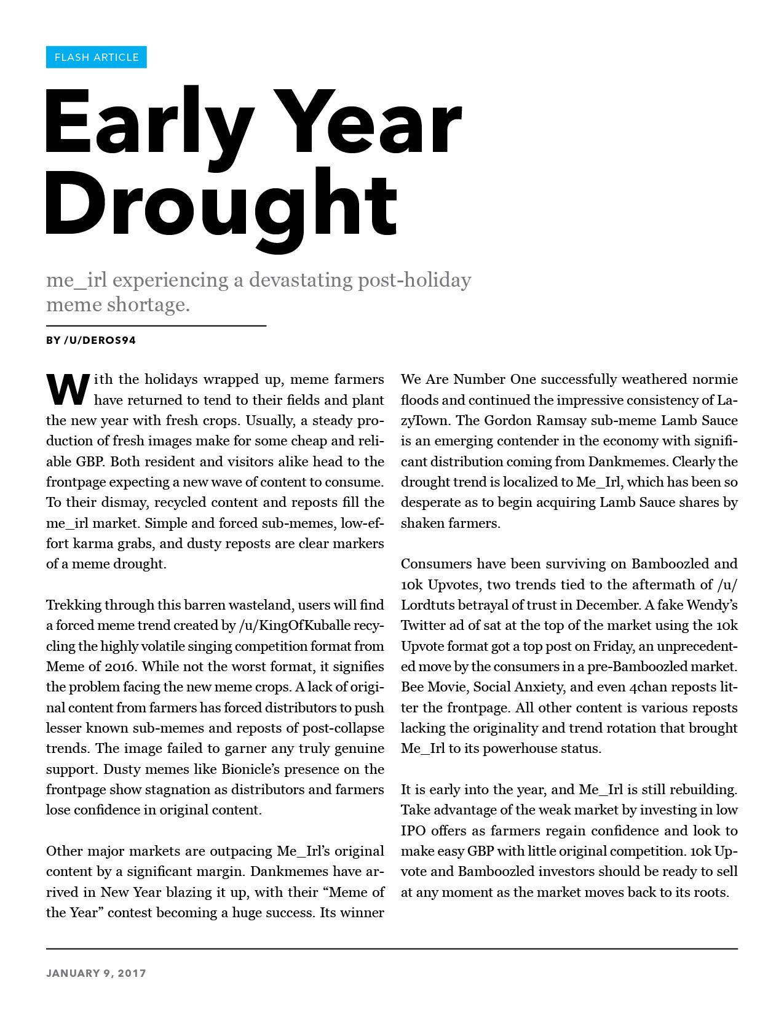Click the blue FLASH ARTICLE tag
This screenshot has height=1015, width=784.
pos(97,57)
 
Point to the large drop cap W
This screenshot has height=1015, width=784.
pos(66,389)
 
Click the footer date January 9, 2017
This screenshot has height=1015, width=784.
pos(96,973)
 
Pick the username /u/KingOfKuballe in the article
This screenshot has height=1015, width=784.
pos(295,626)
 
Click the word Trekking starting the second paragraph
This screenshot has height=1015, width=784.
pos(73,605)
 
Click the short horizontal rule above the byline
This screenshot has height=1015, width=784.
pos(156,325)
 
